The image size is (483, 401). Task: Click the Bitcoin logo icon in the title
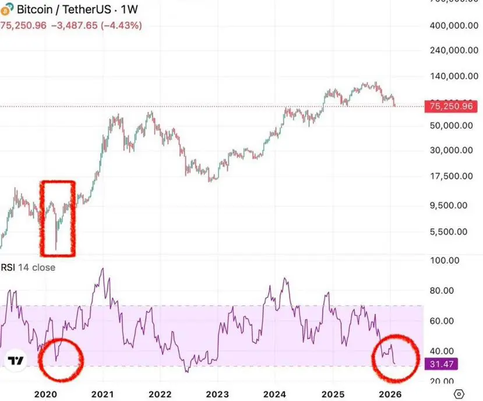point(7,10)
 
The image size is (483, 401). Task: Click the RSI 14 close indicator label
point(28,268)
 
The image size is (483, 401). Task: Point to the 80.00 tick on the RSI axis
point(441,290)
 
